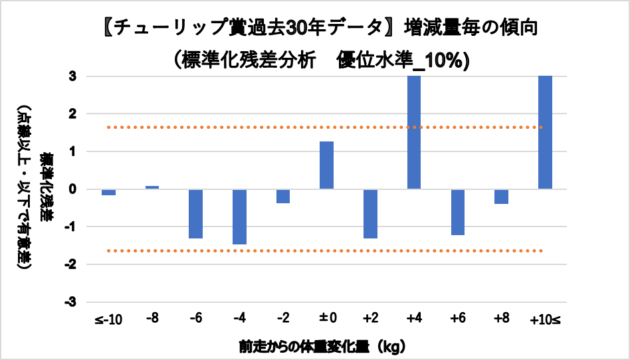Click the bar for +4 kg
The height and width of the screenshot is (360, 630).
[414, 132]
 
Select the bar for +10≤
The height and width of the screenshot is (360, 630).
[545, 132]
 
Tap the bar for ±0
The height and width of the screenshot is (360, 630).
[326, 165]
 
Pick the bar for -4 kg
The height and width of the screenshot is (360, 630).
[239, 217]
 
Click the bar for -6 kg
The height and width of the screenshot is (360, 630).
[195, 214]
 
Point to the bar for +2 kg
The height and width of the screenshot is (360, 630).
[370, 214]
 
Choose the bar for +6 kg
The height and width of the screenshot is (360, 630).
[457, 212]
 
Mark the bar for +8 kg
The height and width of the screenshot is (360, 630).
[501, 197]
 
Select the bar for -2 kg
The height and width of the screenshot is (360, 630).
[283, 196]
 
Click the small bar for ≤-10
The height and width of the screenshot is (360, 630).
[108, 192]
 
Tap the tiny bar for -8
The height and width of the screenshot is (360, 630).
[152, 187]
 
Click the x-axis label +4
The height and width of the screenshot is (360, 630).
[413, 319]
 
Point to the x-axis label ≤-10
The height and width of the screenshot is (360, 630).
[108, 319]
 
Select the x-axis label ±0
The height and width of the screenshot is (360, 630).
[326, 319]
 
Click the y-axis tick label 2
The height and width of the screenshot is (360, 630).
[73, 114]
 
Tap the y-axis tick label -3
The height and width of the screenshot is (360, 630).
[71, 302]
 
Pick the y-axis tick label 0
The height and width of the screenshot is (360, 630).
[73, 189]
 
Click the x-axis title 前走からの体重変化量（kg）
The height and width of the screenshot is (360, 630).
[322, 346]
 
